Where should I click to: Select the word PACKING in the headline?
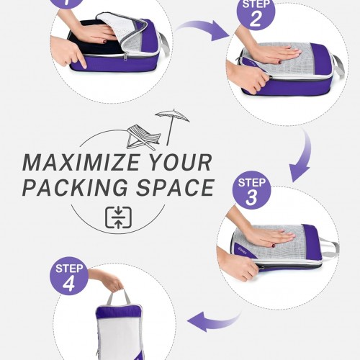(x=75, y=187)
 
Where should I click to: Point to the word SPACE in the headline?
(x=176, y=187)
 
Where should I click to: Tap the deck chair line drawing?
(x=143, y=138)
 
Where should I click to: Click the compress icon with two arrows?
(x=118, y=217)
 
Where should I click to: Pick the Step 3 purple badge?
(x=252, y=190)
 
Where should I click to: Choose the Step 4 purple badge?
(x=69, y=276)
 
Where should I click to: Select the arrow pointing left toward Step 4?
(x=214, y=323)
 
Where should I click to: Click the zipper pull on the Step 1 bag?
(x=125, y=57)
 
